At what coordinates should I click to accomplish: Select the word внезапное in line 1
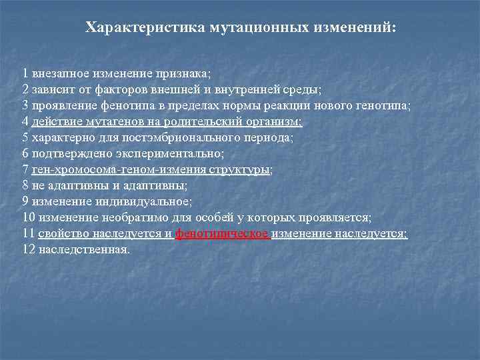[x=55, y=73]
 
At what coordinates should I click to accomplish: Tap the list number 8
[x=25, y=185]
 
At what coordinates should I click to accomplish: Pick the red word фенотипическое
[x=223, y=233]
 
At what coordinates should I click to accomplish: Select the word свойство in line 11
[x=62, y=233]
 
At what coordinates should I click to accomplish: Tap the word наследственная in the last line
[x=84, y=249]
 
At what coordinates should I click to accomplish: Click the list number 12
[x=29, y=249]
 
